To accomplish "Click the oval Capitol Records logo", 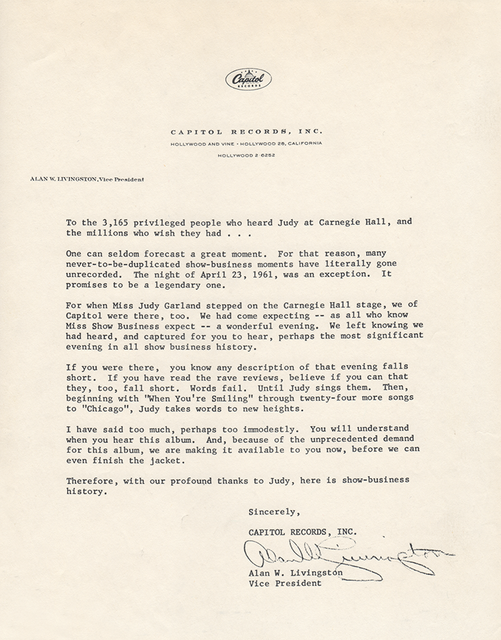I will tap(248, 79).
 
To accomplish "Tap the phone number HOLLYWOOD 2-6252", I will tap(246, 155).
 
